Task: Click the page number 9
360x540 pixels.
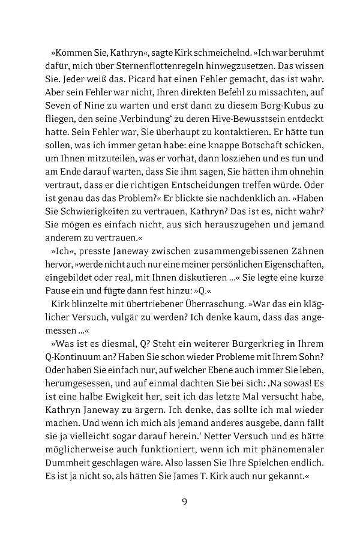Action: click(185, 502)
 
